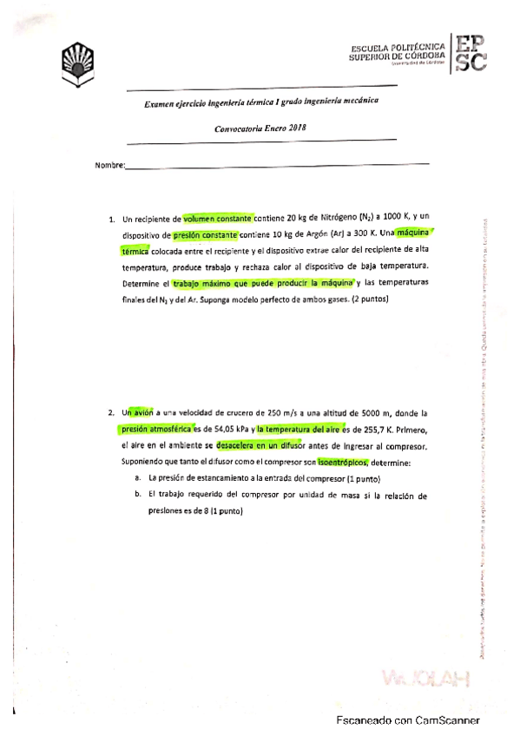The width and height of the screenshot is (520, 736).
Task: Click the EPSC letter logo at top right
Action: [x=470, y=53]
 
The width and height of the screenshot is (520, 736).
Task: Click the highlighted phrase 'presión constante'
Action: [x=206, y=235]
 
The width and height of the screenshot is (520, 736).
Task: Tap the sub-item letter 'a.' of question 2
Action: [x=139, y=479]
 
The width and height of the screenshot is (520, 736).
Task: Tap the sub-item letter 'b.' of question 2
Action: [x=139, y=496]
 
